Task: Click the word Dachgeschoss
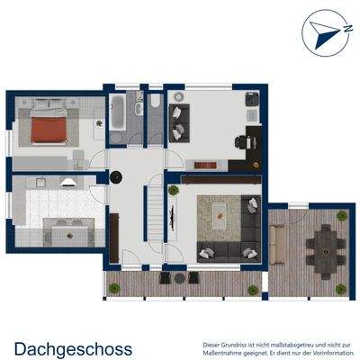[x=73, y=347]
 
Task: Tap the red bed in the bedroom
[x=49, y=130]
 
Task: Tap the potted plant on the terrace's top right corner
[x=342, y=216]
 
